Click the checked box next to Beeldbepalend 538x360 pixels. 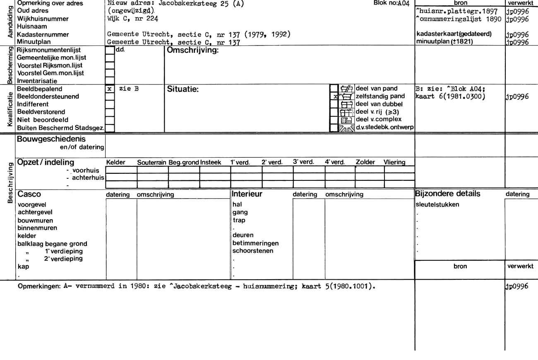point(110,89)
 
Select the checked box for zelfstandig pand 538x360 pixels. point(334,96)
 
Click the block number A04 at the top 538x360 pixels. point(391,3)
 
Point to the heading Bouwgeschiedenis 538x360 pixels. point(51,139)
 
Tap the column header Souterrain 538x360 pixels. point(152,163)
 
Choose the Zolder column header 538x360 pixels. point(365,162)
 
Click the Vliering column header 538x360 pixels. point(394,162)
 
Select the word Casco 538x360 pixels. point(29,194)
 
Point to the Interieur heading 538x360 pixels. point(247,194)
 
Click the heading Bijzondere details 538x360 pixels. point(448,194)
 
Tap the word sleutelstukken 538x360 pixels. point(437,204)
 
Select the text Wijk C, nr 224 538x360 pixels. point(132,19)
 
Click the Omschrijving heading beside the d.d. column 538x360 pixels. point(192,50)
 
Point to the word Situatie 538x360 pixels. point(183,89)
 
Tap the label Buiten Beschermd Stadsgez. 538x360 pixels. point(60,127)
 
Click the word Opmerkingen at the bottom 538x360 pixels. point(40,286)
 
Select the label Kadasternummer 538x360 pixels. point(43,34)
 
